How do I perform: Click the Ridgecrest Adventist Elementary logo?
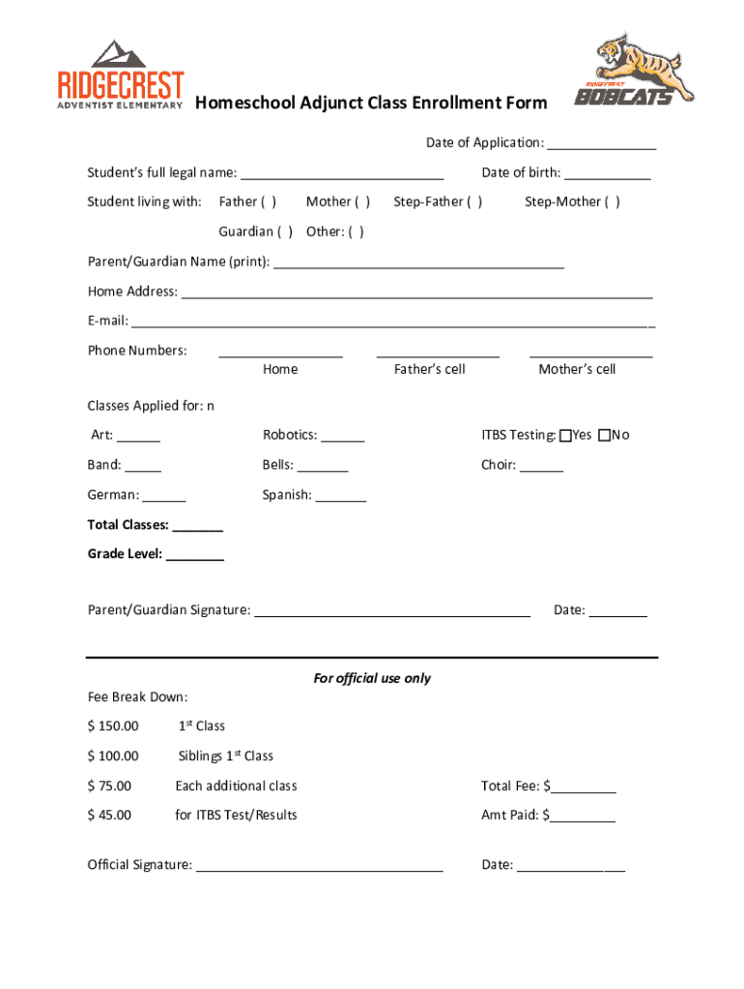[121, 75]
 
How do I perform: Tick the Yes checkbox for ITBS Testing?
[565, 436]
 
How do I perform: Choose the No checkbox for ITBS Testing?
[604, 436]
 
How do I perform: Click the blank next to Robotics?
[343, 437]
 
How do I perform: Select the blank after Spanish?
[341, 496]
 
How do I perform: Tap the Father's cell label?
[429, 369]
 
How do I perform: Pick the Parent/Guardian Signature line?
[391, 611]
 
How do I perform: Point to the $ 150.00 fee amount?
[113, 726]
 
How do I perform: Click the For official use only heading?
[372, 678]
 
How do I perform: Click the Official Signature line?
[320, 866]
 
